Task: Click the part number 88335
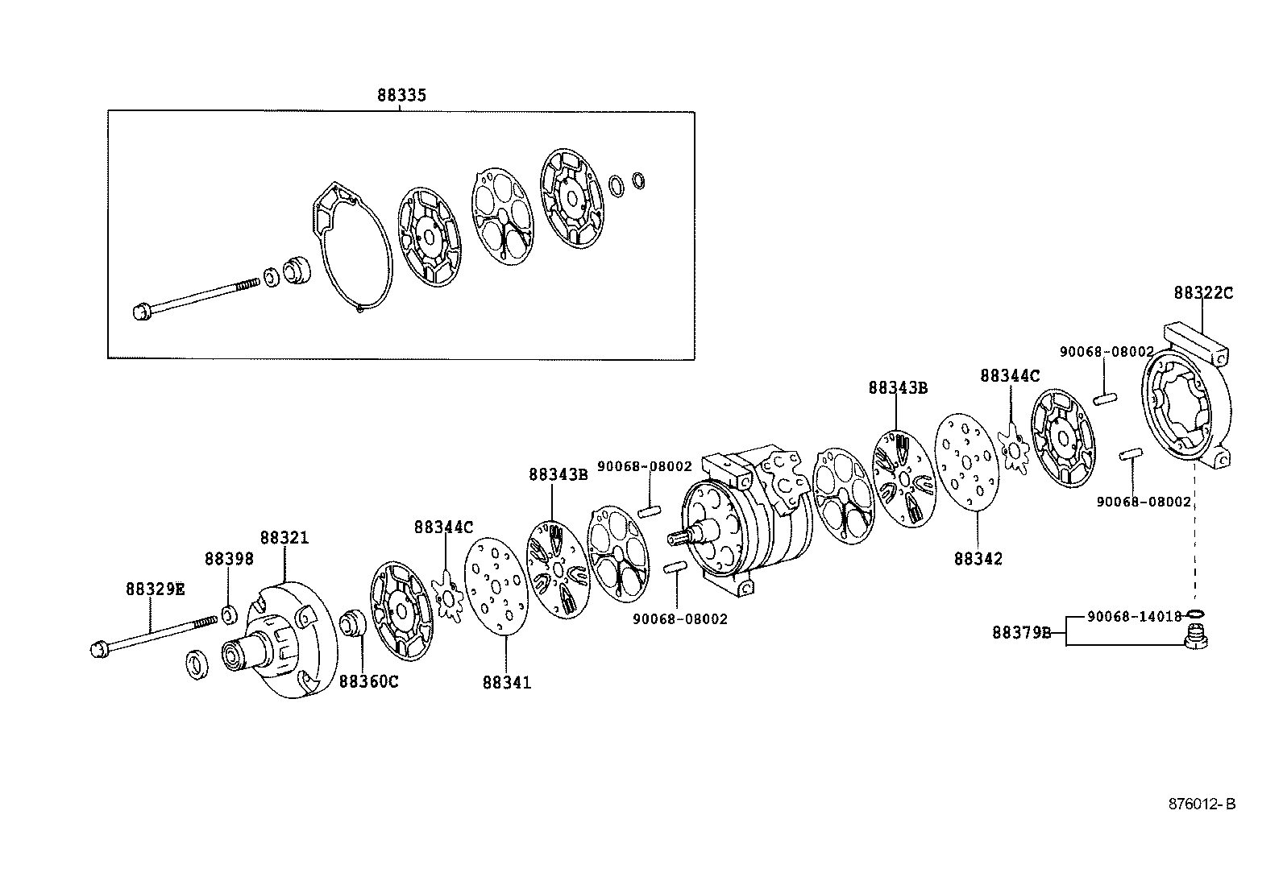point(401,95)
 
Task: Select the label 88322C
point(1202,293)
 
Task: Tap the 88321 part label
point(284,538)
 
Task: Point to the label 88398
point(228,559)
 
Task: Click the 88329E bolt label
point(155,589)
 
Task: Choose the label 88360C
point(368,681)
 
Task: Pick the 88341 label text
point(507,683)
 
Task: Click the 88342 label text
point(978,559)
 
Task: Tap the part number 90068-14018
point(1133,616)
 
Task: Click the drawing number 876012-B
point(1202,804)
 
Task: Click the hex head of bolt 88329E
point(98,647)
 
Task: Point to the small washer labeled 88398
point(228,616)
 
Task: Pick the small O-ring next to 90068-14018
point(1197,615)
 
